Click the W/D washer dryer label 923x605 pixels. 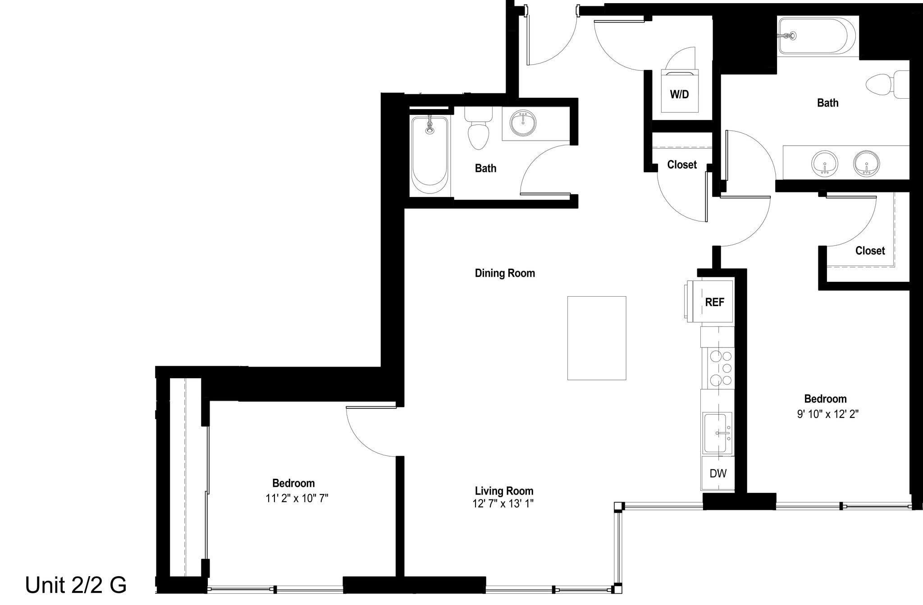(x=679, y=95)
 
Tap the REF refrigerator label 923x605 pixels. (x=714, y=302)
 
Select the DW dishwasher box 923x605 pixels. (x=717, y=473)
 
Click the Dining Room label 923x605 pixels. (x=505, y=273)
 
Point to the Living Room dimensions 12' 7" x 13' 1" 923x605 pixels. (x=503, y=504)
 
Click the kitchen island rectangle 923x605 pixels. (x=596, y=338)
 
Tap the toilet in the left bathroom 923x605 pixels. (x=478, y=131)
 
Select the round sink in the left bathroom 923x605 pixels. (x=523, y=123)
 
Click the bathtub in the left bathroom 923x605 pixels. (x=430, y=153)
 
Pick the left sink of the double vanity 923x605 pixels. (x=825, y=164)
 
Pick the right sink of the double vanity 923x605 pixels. (x=866, y=164)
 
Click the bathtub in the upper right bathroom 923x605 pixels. (x=816, y=36)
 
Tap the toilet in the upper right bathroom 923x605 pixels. (x=886, y=85)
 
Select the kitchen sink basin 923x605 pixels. (x=715, y=433)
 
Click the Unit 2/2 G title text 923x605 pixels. (x=76, y=585)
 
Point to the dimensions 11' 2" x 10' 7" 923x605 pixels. (x=297, y=499)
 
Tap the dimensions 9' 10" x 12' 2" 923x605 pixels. (x=827, y=414)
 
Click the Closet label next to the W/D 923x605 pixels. (x=681, y=165)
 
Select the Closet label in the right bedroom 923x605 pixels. (x=870, y=251)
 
